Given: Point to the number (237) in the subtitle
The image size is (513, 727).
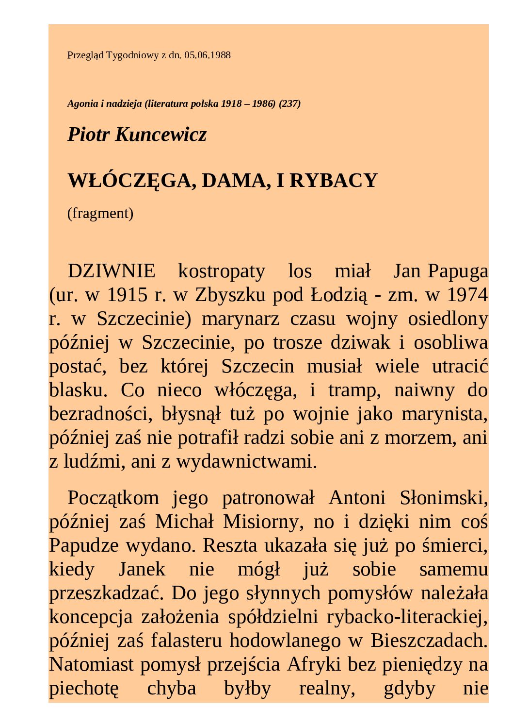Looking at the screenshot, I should [289, 104].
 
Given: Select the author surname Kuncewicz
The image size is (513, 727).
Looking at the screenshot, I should [161, 135].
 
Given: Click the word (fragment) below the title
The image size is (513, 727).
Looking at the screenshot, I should [100, 213].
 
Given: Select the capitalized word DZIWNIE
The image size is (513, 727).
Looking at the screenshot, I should [112, 271].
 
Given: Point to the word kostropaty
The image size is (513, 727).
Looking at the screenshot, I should [222, 271].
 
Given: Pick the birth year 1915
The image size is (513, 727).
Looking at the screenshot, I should [127, 295].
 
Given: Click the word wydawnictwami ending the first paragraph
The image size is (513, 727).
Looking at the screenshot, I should [246, 461].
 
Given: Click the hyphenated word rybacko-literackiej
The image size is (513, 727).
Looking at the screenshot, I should [407, 617].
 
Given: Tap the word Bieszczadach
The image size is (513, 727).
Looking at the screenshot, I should [429, 641].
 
